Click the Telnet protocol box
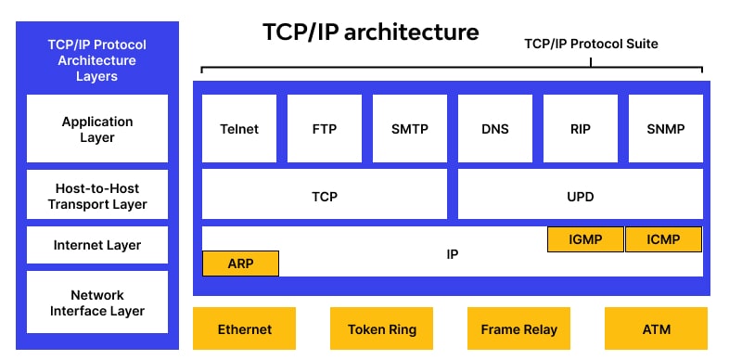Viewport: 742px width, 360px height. point(239,128)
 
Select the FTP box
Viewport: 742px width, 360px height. point(325,128)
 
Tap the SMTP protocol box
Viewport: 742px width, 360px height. point(410,128)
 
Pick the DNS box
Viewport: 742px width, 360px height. point(495,128)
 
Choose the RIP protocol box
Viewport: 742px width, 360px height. point(581,128)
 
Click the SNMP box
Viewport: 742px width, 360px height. point(665,128)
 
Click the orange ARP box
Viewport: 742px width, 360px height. point(240,264)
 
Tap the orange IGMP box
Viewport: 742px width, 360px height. point(585,239)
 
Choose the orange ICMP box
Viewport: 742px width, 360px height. point(664,239)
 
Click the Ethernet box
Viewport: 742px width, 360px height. point(245,328)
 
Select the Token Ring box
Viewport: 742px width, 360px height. point(382,328)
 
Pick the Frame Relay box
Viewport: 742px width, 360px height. point(518,328)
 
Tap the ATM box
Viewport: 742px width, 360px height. point(656,328)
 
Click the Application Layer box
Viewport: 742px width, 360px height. point(97,129)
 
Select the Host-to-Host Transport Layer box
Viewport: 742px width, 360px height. point(97,195)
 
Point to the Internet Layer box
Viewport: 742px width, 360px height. point(97,245)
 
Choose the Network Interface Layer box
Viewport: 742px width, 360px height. point(97,302)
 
